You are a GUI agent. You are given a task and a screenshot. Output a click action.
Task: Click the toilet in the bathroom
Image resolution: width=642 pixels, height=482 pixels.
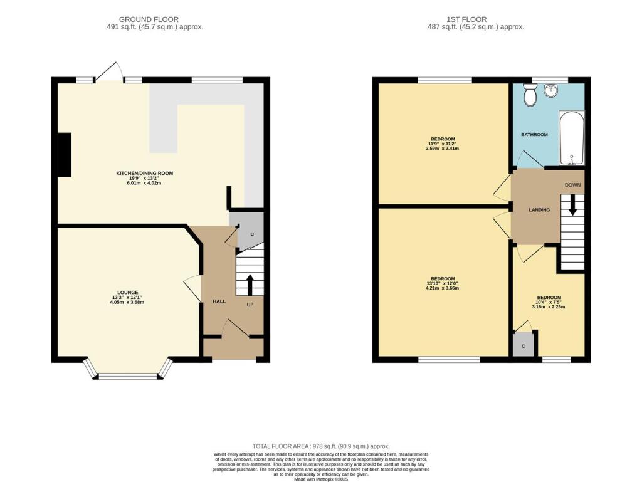530,95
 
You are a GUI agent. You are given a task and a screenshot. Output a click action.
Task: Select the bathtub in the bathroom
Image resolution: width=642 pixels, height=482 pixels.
571,139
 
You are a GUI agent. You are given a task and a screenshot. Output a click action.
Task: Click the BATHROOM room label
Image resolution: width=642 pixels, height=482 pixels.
534,135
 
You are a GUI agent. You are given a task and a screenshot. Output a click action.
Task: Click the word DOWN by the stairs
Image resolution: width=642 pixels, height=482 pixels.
572,185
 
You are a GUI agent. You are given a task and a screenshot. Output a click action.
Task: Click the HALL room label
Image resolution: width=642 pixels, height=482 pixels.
219,301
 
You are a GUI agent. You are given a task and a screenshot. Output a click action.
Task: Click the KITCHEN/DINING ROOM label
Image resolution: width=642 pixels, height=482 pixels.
144,173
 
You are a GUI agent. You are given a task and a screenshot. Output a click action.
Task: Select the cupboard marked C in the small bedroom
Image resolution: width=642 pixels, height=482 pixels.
522,345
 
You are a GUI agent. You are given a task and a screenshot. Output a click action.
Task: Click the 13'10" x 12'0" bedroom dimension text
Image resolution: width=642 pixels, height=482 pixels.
443,283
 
